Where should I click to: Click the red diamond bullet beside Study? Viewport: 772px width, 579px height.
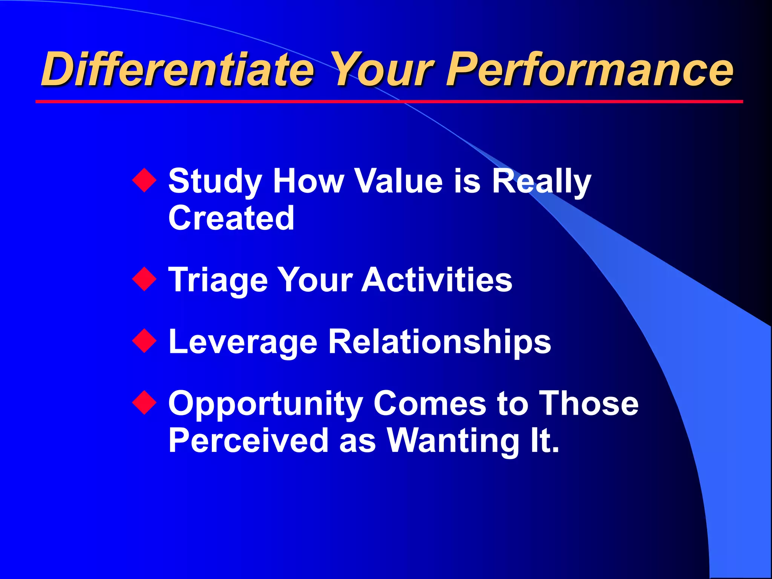(x=144, y=181)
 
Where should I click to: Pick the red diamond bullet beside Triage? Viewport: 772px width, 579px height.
(x=144, y=279)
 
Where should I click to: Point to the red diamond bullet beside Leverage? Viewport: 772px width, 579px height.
(x=144, y=341)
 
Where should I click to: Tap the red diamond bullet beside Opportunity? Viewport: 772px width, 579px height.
(x=144, y=403)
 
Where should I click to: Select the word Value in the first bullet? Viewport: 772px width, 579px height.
(x=399, y=181)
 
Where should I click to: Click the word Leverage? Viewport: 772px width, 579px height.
(x=243, y=342)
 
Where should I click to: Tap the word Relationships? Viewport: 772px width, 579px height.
(x=440, y=342)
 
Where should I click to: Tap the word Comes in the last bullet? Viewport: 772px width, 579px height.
(x=430, y=403)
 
